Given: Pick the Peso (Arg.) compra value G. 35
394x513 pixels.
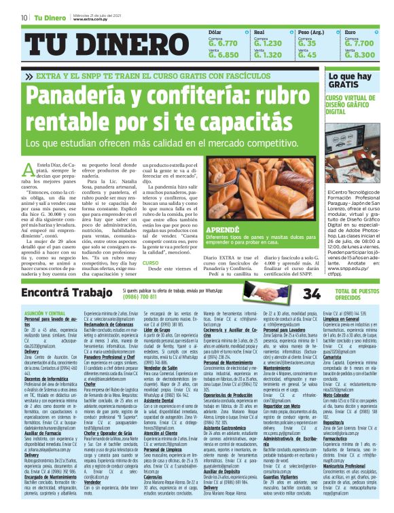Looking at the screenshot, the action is (307, 42).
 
